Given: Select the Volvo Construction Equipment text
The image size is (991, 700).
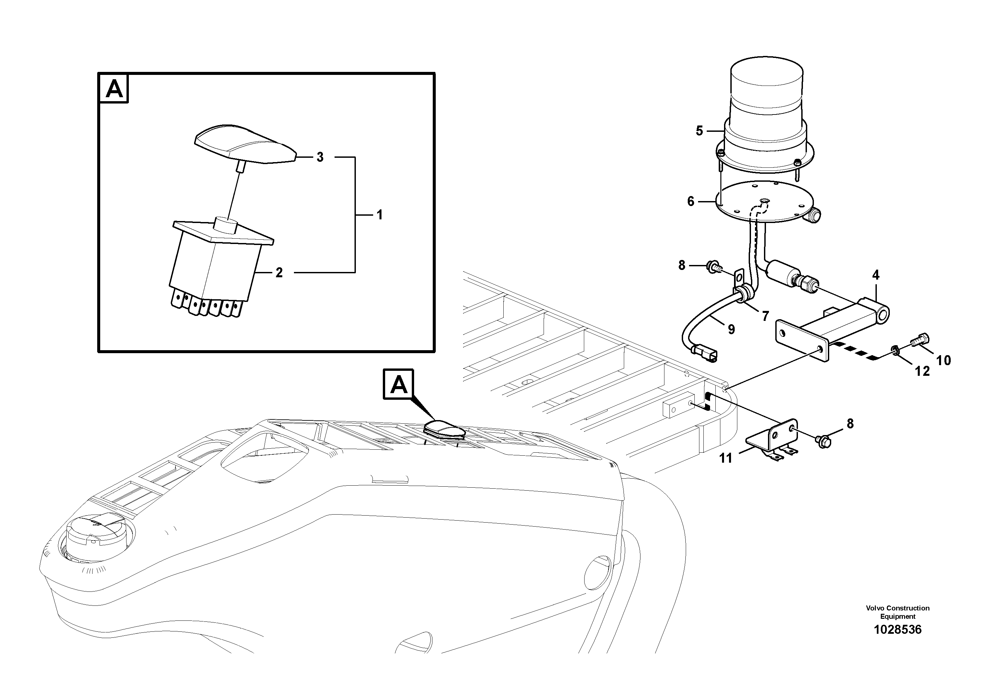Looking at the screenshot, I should pos(897,612).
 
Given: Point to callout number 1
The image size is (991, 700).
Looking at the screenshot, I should pos(379,215).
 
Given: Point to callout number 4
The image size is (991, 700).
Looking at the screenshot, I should pos(875,275).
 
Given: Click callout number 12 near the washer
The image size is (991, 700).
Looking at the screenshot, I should pos(922,371).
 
